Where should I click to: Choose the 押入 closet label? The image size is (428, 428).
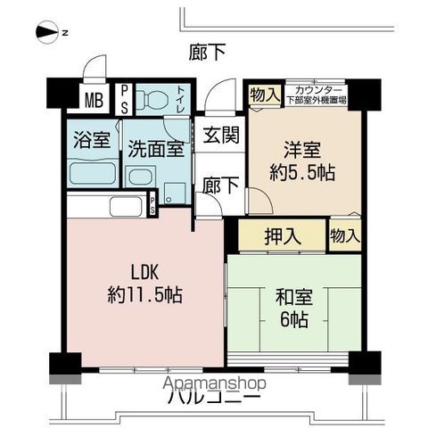click(282, 236)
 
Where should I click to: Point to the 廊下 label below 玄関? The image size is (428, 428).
click(218, 185)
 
